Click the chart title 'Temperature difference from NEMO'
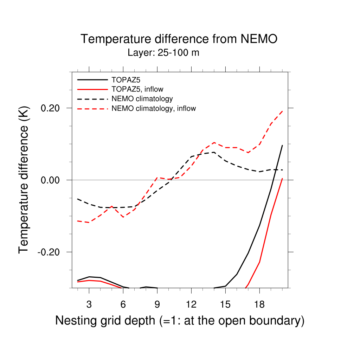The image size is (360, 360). click(179, 39)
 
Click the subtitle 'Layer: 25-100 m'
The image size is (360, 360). click(163, 53)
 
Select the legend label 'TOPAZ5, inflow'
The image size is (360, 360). click(137, 89)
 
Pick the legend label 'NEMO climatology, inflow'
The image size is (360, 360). click(154, 109)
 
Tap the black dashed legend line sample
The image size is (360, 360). click(92, 99)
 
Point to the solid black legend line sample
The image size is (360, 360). click(92, 79)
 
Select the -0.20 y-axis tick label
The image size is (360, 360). click(50, 252)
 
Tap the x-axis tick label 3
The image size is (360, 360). click(89, 304)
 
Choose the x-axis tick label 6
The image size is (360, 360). click(123, 304)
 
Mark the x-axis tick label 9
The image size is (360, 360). click(157, 304)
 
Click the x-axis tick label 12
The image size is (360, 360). click(191, 304)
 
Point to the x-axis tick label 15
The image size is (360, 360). click(225, 304)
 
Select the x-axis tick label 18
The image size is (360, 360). click(259, 304)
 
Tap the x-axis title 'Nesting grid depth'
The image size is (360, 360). click(179, 321)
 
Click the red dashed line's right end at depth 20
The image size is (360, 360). click(282, 111)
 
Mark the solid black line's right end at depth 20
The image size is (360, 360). click(282, 145)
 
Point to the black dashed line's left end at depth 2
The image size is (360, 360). click(78, 199)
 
